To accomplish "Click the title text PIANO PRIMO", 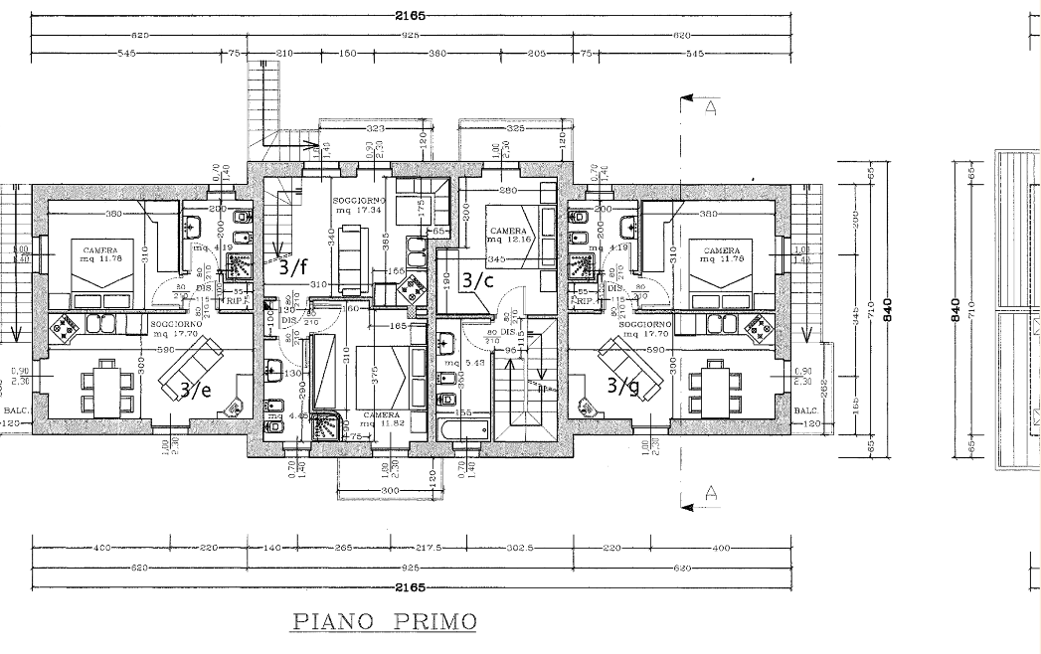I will [x=384, y=622].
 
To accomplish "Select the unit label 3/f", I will [x=293, y=266].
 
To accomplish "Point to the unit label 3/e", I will [x=195, y=390].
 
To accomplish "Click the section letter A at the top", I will [x=710, y=109].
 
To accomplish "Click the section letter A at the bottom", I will [x=710, y=491].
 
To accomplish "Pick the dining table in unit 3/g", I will [x=716, y=382].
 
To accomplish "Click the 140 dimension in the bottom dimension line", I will [x=271, y=548].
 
